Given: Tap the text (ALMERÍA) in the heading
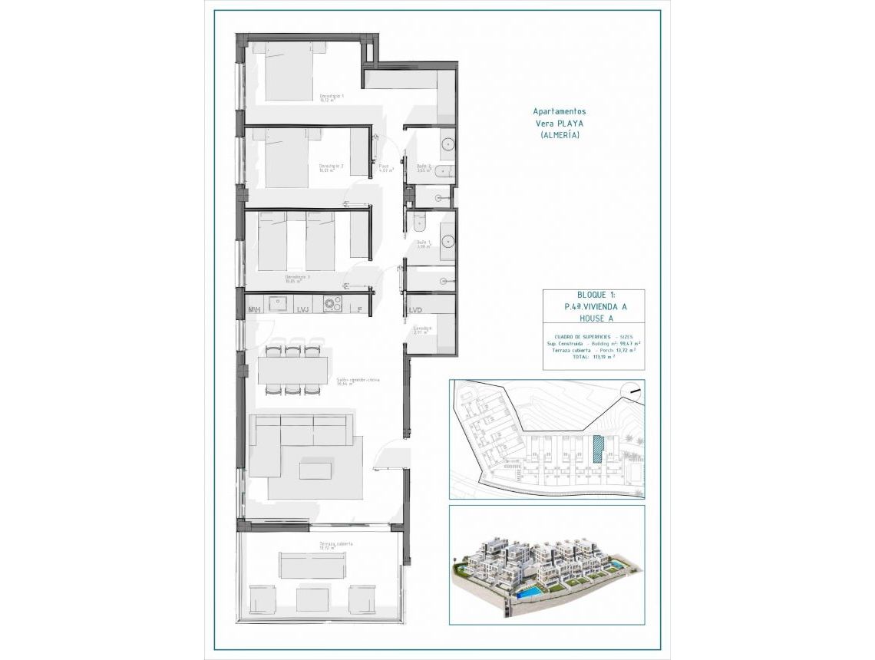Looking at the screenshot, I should tap(560, 135).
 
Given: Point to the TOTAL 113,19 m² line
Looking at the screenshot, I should tap(593, 357).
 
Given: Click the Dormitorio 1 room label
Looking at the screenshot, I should tap(332, 97).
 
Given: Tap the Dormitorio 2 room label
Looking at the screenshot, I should tap(331, 167).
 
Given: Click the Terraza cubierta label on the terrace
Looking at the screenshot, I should tap(336, 543).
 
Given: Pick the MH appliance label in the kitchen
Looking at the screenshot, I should tap(253, 309).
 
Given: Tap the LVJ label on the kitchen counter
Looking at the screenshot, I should tap(302, 309).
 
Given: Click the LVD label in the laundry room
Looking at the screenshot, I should tap(415, 310).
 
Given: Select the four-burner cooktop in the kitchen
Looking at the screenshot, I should tap(332, 304).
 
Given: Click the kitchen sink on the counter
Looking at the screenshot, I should tap(277, 303).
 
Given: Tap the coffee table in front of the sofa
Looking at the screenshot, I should tap(315, 469).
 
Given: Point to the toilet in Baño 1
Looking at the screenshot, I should tap(419, 223).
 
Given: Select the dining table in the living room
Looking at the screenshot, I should tap(292, 371).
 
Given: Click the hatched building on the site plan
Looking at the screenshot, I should tap(598, 446).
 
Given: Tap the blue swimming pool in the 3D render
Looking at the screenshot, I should tap(530, 593).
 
